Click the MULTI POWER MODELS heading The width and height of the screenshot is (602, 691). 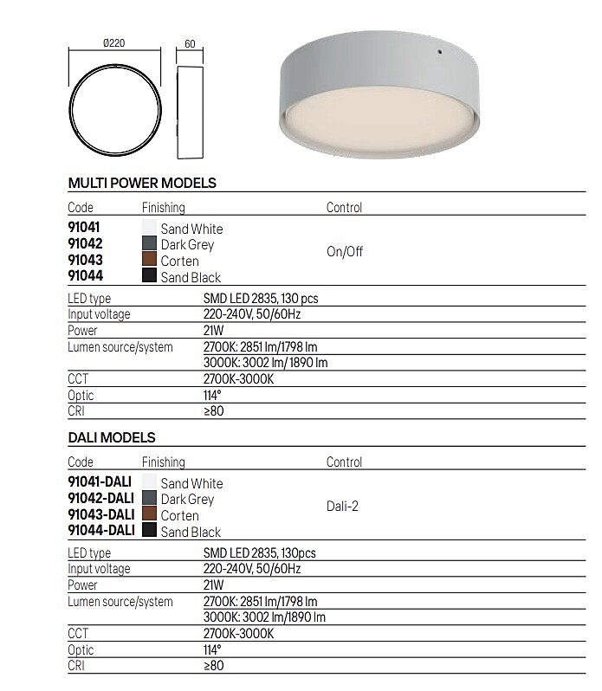coord(142,184)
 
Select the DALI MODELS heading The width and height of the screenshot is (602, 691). coord(112,438)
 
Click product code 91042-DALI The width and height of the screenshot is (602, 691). coord(100,499)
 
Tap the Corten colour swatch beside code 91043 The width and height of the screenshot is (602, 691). coord(149,261)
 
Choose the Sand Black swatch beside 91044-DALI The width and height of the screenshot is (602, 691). coord(149,532)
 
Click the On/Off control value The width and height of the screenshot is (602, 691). coord(345,253)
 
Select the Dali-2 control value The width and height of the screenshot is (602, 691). coord(343,507)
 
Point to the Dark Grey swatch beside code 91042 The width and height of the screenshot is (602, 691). coord(149,244)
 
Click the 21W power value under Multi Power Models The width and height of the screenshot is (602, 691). coord(213,331)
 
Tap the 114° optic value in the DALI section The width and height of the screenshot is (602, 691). coord(213,649)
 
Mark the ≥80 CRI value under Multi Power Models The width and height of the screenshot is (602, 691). coord(213,411)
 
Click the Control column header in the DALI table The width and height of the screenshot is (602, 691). coord(344,462)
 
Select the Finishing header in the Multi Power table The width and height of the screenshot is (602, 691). coord(164,208)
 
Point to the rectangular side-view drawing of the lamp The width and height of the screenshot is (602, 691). coord(190,113)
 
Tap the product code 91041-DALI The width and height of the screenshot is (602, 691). coord(100,483)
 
